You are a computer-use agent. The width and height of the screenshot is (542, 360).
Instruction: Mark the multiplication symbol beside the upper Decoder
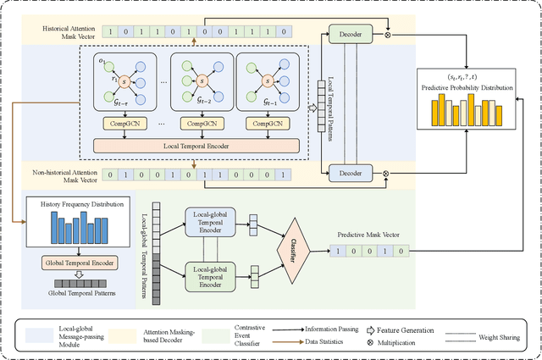[388, 36]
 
